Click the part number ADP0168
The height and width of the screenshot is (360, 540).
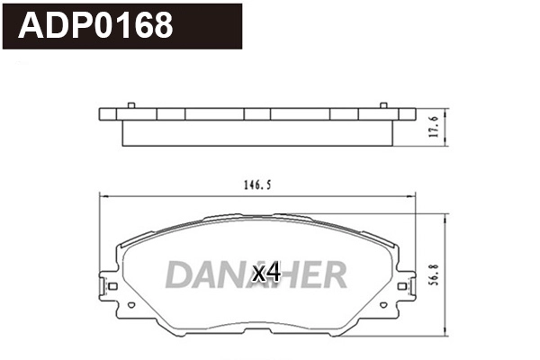[95, 24]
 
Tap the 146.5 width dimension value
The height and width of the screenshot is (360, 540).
[256, 184]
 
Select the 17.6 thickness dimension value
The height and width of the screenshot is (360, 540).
[433, 127]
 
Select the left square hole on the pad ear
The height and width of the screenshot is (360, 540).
[112, 287]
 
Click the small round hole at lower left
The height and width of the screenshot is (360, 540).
[131, 305]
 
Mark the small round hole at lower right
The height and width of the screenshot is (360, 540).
[382, 305]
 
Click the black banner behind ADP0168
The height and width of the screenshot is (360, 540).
[216, 24]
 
